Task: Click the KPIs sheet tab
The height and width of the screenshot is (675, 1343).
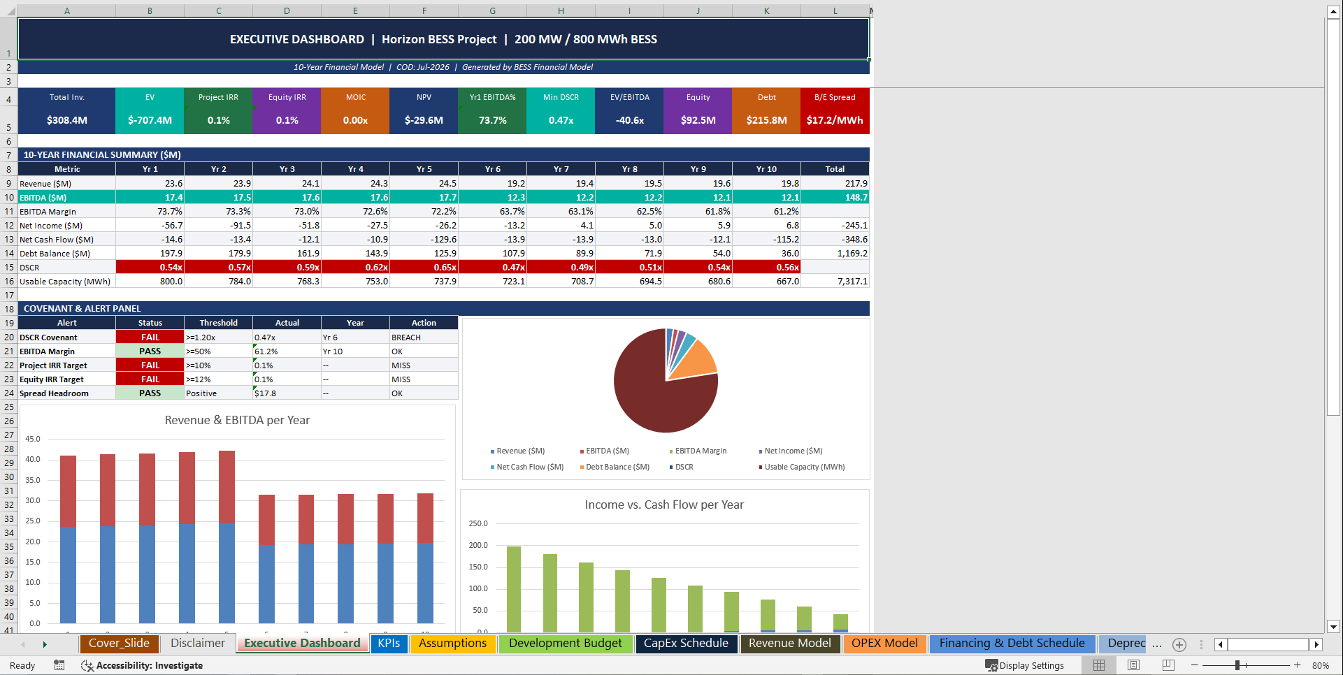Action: [389, 644]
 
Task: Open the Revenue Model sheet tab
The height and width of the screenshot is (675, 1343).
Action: [789, 644]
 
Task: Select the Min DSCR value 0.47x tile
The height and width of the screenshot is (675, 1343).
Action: [561, 120]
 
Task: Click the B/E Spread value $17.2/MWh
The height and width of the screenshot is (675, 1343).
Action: [834, 120]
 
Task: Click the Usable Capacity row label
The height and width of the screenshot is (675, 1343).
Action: [65, 282]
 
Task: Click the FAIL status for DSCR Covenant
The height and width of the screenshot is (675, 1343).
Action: [150, 337]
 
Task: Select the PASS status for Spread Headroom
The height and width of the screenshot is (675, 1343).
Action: [150, 393]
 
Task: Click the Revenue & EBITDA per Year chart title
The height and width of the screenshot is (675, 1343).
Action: [237, 420]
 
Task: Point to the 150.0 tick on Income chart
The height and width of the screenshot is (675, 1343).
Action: [478, 567]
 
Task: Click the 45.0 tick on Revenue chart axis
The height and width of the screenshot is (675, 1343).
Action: [33, 439]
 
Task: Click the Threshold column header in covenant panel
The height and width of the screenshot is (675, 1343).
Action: [218, 323]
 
